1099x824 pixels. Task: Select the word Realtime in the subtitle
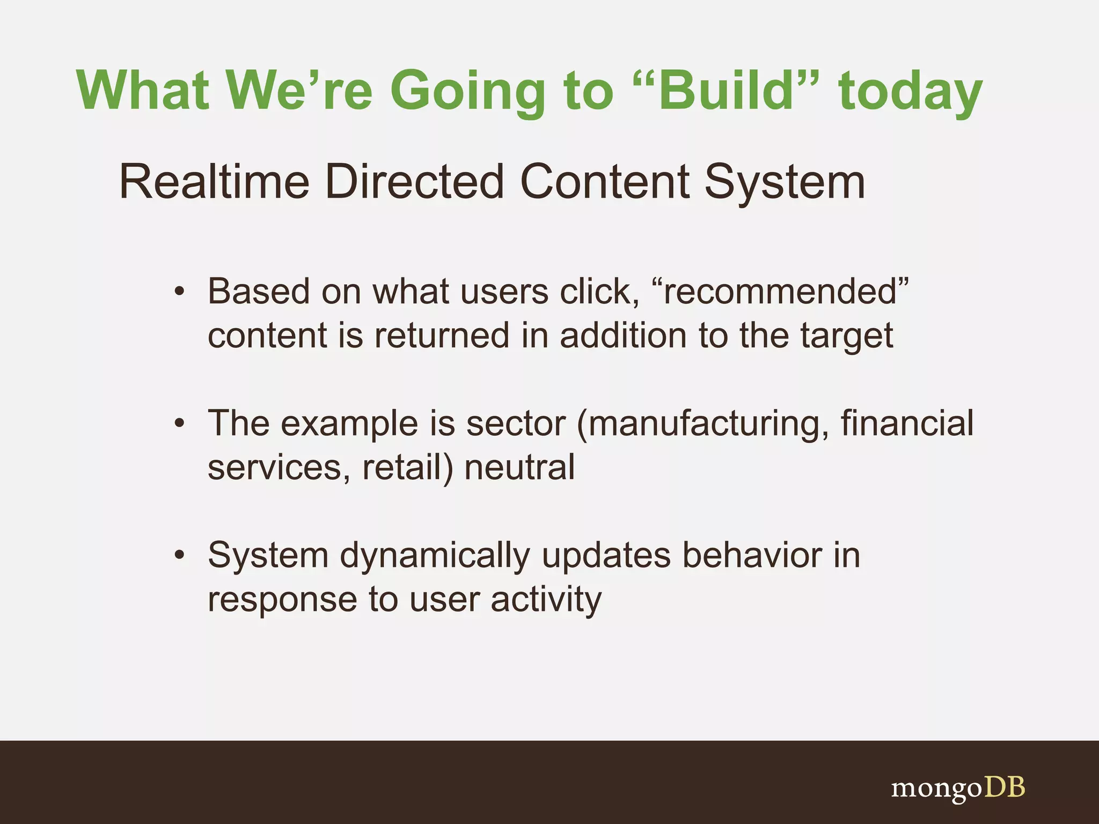pyautogui.click(x=214, y=182)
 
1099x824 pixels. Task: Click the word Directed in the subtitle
pyautogui.click(x=414, y=182)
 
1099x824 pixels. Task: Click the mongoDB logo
pyautogui.click(x=958, y=788)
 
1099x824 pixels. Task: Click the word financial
pyautogui.click(x=906, y=423)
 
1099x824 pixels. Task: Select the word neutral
pyautogui.click(x=519, y=467)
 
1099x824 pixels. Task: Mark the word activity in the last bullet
pyautogui.click(x=546, y=600)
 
